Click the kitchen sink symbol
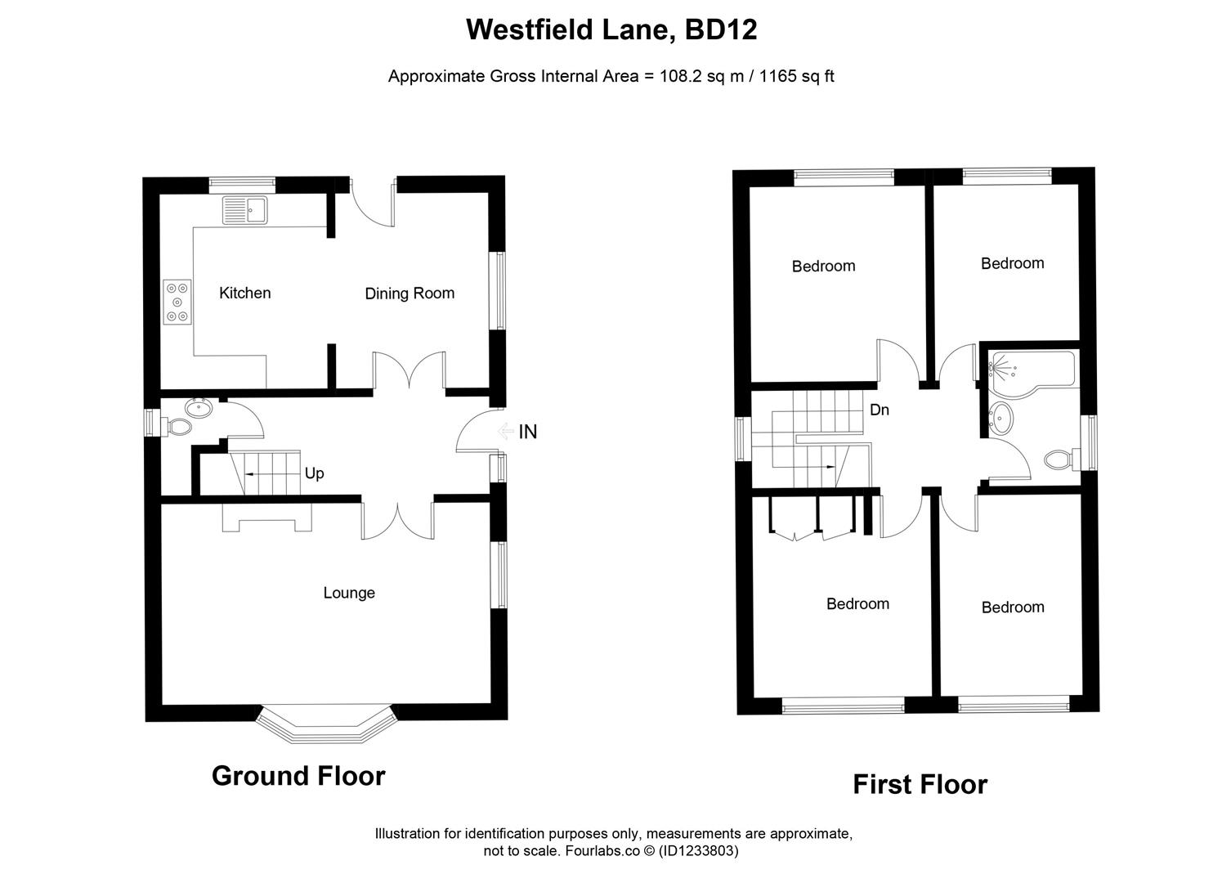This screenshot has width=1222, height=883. coord(244,210)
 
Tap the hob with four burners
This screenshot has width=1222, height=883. coord(177,302)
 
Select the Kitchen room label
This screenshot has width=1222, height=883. coord(244,293)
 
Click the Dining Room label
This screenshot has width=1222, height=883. coord(410,294)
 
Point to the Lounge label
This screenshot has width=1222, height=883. coord(349,593)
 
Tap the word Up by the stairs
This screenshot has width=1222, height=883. coord(314,473)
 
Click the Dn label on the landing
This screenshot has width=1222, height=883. coord(879,410)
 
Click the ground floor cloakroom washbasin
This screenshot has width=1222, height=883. coord(199,407)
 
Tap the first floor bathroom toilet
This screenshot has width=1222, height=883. coord(1060,459)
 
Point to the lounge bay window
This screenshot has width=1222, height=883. coord(326,727)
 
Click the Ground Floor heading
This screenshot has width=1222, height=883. coord(298,775)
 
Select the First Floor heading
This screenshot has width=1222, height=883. coord(920,784)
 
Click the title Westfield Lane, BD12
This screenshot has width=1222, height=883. coord(611,30)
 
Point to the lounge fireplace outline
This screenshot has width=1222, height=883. coord(266,516)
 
